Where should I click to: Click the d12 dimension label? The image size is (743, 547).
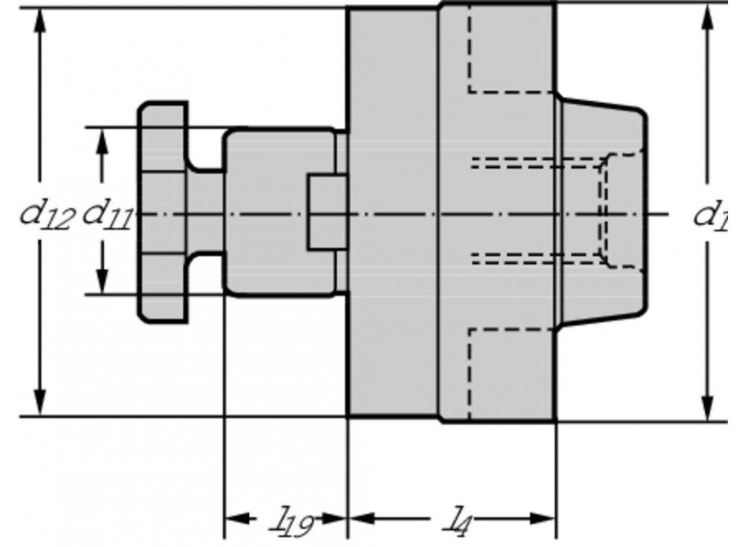[x=46, y=215]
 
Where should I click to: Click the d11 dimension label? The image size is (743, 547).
[x=106, y=215]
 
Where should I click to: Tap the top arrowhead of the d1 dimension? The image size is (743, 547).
[x=707, y=22]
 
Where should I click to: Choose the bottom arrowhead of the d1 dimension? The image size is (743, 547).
[x=707, y=401]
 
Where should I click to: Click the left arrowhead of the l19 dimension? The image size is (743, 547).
[x=235, y=518]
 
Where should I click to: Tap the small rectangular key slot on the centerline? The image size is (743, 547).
[x=327, y=213]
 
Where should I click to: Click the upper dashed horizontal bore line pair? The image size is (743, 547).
[x=535, y=164]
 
